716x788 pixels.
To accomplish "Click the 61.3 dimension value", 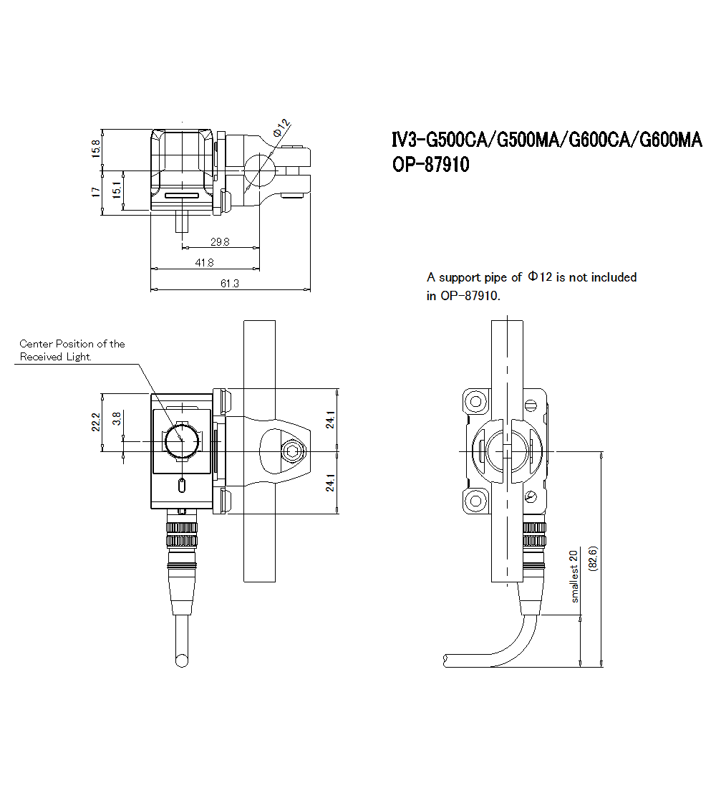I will click(x=230, y=284).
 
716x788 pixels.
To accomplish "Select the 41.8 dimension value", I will click(x=205, y=263).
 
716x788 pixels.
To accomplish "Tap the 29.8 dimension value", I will click(x=221, y=242).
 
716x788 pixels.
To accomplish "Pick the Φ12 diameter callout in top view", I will click(x=282, y=129).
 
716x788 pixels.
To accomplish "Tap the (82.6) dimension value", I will click(x=592, y=557).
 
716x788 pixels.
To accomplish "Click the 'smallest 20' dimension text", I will click(x=574, y=575).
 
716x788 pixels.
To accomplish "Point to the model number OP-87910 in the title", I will click(x=430, y=165).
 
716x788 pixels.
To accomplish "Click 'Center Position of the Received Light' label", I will click(x=72, y=350).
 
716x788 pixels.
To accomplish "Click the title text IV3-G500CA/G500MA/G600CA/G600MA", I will click(x=546, y=140).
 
